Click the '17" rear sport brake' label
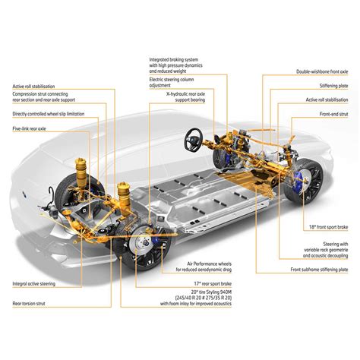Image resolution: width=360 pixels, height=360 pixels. (197, 283)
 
